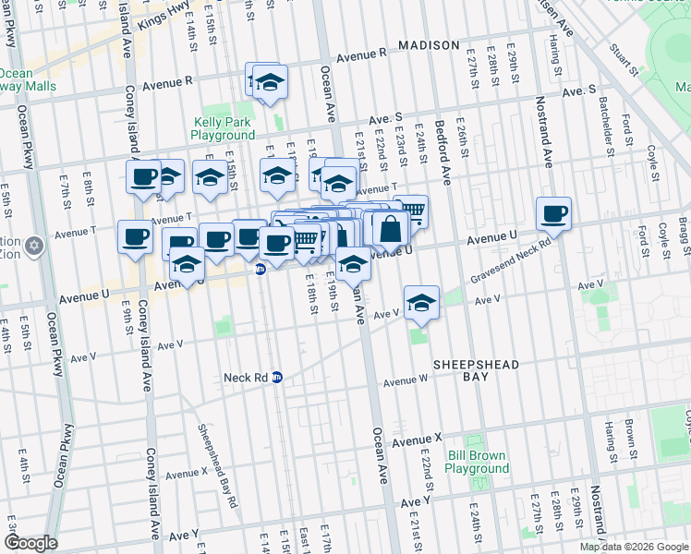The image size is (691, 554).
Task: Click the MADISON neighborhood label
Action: (429, 45)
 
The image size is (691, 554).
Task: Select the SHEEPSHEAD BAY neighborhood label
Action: (477, 366)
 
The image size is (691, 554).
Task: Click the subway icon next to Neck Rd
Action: (276, 378)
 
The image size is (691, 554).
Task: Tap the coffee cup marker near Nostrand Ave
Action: (554, 214)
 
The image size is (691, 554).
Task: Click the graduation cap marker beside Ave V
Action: (420, 302)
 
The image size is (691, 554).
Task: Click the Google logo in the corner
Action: (30, 543)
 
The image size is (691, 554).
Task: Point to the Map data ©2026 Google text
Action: (635, 547)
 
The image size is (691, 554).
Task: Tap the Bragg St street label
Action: (683, 235)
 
